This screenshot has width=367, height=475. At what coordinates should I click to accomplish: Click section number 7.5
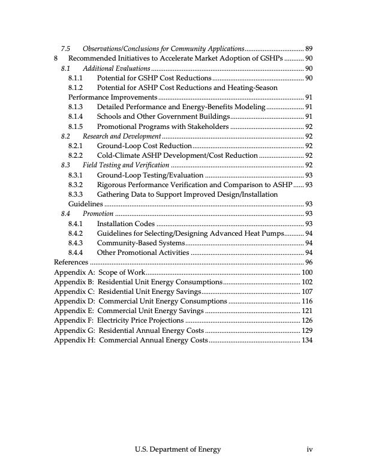coord(67,49)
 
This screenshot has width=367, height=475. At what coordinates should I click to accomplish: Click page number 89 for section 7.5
coord(309,49)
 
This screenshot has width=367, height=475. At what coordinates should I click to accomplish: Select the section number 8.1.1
coord(76,78)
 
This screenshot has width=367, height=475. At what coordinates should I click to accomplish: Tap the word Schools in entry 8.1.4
coord(110,116)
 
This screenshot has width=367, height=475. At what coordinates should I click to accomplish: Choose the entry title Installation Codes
coord(125,223)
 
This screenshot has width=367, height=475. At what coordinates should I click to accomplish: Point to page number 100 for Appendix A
coord(306,272)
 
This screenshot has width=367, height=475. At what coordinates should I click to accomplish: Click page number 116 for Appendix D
coord(306,302)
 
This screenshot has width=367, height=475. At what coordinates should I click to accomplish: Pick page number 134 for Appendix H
coord(306,341)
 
